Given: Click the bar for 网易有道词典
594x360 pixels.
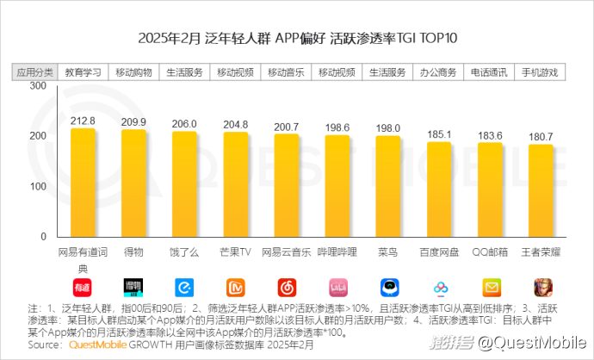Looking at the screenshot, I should pyautogui.click(x=84, y=182).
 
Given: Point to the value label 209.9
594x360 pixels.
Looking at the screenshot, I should pyautogui.click(x=134, y=121).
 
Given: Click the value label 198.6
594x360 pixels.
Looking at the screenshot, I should pyautogui.click(x=337, y=127).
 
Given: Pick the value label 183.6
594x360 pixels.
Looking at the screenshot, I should pyautogui.click(x=491, y=134).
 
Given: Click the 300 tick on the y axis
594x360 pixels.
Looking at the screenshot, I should pyautogui.click(x=37, y=86).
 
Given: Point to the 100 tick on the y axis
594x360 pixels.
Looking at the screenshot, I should pyautogui.click(x=37, y=186).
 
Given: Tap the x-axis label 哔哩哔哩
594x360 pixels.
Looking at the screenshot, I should pyautogui.click(x=337, y=251).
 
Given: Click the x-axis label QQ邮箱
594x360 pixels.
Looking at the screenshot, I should pyautogui.click(x=491, y=251).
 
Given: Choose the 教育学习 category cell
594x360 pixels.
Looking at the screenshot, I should pyautogui.click(x=84, y=71).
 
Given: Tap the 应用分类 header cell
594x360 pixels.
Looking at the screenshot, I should pyautogui.click(x=34, y=71).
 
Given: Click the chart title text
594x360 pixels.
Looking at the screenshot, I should pyautogui.click(x=297, y=40).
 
